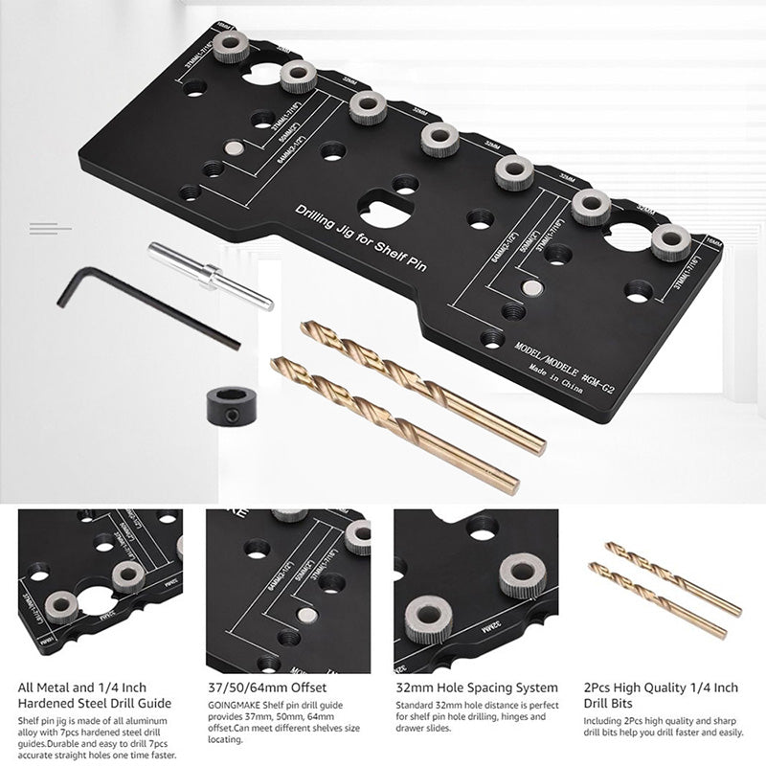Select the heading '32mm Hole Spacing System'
click(477, 687)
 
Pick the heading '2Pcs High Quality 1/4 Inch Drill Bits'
click(661, 693)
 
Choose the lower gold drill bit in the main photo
click(393, 421)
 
